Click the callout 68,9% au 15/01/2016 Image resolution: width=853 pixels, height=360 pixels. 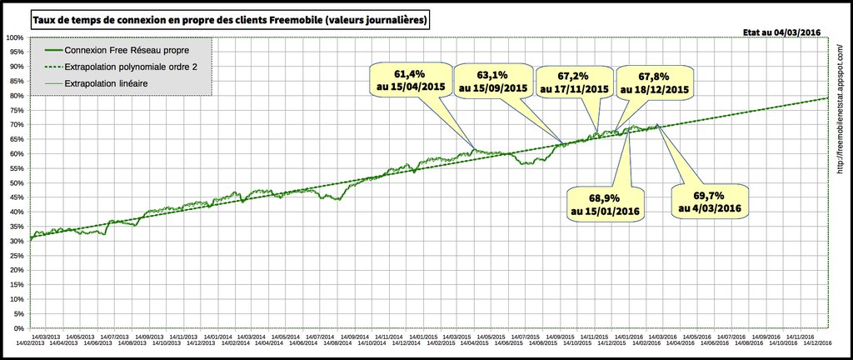point(606,205)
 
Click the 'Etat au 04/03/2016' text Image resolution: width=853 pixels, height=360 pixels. point(781,32)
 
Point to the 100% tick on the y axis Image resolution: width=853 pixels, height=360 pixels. point(14,37)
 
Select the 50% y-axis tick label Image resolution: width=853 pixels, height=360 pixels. point(16,182)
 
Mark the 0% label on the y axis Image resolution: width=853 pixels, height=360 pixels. point(17,328)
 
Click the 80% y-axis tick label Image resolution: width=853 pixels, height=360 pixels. point(16,96)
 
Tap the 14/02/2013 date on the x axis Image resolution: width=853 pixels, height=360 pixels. point(27,342)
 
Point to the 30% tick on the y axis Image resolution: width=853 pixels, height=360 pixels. point(16,241)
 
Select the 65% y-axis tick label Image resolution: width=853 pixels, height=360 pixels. point(16,139)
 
